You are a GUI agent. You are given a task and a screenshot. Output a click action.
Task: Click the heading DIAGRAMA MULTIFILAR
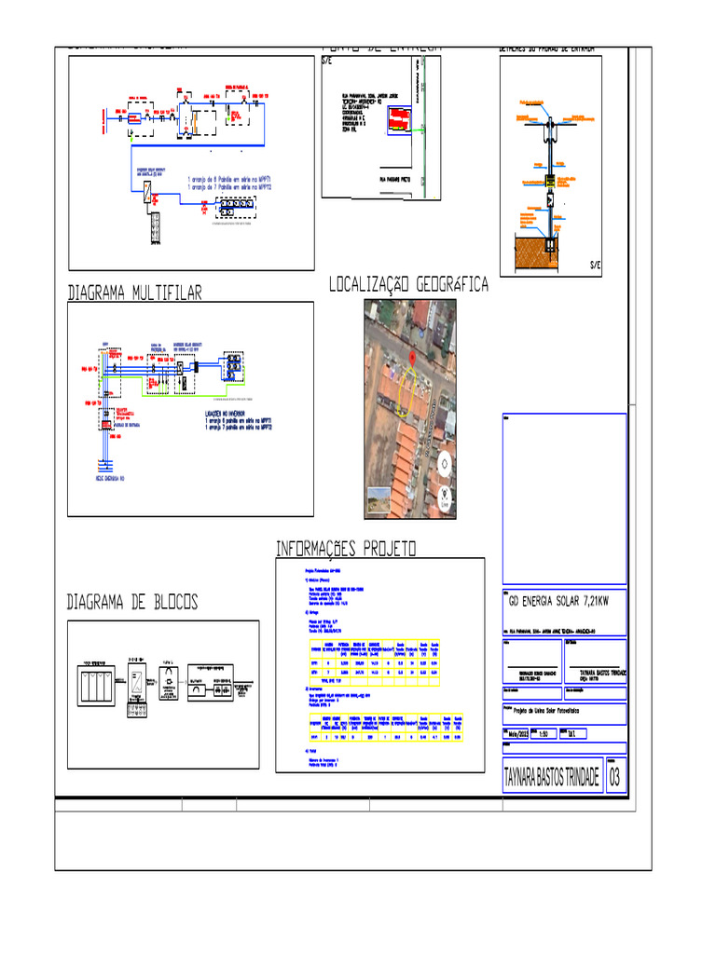point(134,293)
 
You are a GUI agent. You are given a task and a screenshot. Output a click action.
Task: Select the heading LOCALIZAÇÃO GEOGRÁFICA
point(408,285)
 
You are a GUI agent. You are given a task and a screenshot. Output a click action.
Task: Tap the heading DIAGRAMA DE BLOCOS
point(132,603)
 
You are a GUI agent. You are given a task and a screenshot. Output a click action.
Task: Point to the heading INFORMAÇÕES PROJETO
point(346,548)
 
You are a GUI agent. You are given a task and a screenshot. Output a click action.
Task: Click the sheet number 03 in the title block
point(615,778)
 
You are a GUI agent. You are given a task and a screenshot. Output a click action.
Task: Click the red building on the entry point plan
point(398,120)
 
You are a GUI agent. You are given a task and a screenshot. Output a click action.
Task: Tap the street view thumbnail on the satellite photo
point(379,498)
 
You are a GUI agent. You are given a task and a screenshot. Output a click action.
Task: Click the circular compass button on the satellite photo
point(445,463)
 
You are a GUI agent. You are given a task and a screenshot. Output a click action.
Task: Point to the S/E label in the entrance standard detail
point(595,266)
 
